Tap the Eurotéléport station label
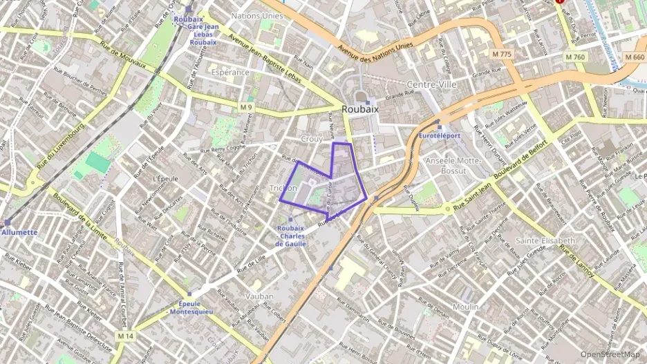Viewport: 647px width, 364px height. (x=440, y=135)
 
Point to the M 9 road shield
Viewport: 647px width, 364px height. (x=247, y=107)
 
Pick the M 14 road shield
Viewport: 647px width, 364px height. (x=124, y=336)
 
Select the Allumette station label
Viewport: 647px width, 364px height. (x=19, y=232)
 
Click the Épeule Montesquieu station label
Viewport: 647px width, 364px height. (x=191, y=307)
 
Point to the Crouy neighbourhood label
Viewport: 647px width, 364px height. (x=312, y=139)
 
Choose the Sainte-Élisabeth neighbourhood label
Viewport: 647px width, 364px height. (x=545, y=240)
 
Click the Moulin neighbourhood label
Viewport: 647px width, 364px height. (x=465, y=306)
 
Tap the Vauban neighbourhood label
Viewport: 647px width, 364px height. (x=259, y=296)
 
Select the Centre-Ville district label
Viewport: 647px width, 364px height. (x=433, y=84)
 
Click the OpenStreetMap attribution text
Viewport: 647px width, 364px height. (x=610, y=354)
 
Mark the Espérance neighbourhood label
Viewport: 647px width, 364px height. (x=230, y=72)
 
